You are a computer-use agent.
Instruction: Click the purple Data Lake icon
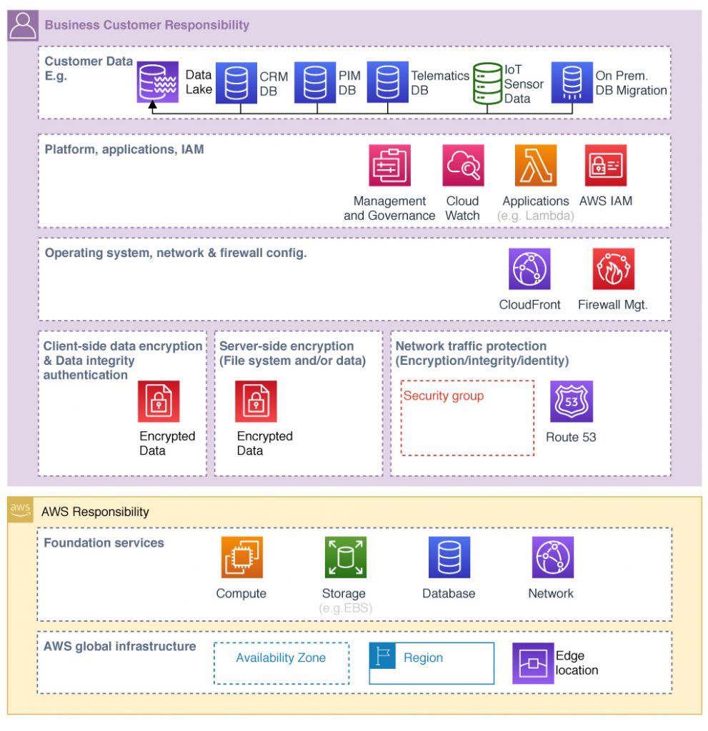click(x=157, y=82)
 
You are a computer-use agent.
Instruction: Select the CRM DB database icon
click(x=236, y=83)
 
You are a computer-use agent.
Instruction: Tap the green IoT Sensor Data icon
click(x=487, y=83)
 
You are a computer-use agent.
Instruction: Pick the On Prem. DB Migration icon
click(x=572, y=82)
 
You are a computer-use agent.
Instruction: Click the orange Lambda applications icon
click(x=536, y=165)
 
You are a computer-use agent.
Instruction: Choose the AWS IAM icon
click(x=606, y=165)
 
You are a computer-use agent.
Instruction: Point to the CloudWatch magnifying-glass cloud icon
click(x=463, y=165)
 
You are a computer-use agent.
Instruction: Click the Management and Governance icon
click(x=389, y=165)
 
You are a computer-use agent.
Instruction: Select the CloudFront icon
click(x=529, y=268)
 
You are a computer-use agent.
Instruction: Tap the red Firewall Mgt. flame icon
click(x=613, y=268)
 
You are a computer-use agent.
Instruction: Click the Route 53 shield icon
click(x=572, y=401)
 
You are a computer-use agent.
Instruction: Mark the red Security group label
click(x=444, y=395)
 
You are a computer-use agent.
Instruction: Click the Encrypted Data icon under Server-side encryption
click(x=256, y=401)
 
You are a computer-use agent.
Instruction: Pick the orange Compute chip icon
click(x=241, y=557)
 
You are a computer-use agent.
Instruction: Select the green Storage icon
click(x=345, y=557)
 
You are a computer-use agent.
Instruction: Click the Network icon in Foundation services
click(x=552, y=557)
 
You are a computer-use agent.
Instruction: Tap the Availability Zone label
click(x=281, y=657)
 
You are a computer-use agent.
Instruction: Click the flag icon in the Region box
click(x=382, y=655)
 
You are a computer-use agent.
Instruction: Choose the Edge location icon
click(x=533, y=663)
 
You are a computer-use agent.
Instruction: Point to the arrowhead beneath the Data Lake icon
click(x=152, y=105)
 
